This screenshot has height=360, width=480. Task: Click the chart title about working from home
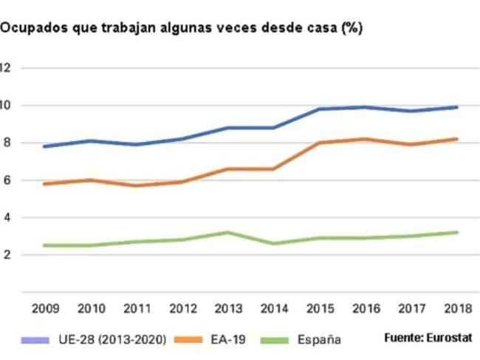click(181, 27)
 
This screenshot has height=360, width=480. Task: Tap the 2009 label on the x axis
click(47, 307)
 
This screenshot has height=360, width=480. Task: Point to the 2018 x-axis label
click(457, 307)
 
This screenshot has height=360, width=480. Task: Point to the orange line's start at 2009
click(47, 183)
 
